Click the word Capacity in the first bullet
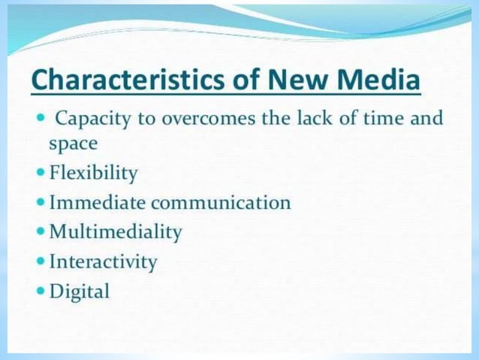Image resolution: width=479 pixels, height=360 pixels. pos(91,119)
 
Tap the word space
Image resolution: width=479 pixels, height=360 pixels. pos(74,143)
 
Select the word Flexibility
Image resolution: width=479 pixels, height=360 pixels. pos(93,174)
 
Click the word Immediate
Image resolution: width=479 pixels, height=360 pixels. pos(98,203)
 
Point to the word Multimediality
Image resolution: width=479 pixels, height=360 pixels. pos(116,232)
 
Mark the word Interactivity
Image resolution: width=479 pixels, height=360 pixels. pos(103,262)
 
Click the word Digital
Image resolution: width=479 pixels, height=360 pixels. pos(79,291)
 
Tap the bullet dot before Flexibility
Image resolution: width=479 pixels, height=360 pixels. pos(40,173)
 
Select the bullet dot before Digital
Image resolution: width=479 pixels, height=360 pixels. pos(40,290)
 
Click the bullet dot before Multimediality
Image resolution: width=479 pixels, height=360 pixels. pos(40,231)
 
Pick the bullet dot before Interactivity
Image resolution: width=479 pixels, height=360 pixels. pos(40,261)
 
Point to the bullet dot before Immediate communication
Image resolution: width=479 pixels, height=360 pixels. pos(40,202)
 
